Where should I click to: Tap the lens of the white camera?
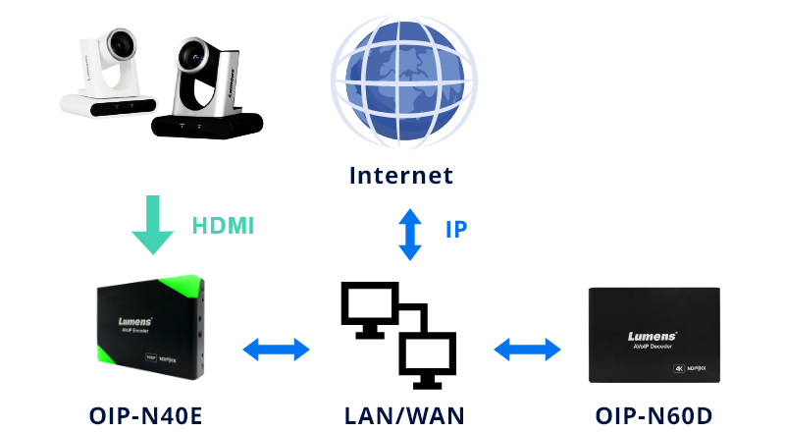tap(120, 44)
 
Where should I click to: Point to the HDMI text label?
tap(222, 227)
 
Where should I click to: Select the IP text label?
tap(456, 230)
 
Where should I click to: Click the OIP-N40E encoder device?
tap(153, 329)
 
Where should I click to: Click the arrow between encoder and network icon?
tap(277, 348)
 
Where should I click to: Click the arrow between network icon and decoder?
tap(528, 348)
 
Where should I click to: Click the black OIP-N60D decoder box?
tap(653, 335)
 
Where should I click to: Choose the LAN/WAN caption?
tap(402, 413)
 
